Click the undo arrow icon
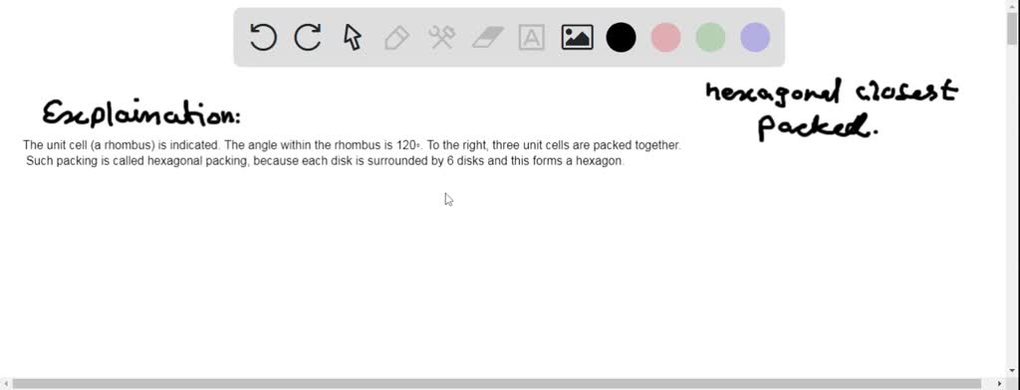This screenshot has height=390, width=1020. point(263,38)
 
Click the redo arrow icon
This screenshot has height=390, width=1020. point(308,38)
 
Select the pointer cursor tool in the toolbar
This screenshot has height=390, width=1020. point(352,38)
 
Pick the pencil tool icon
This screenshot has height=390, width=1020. point(396,38)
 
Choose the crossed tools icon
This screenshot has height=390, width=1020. point(441,38)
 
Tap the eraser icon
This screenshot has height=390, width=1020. point(487,38)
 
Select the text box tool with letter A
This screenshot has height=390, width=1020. point(532,38)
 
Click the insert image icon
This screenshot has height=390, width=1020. point(577,38)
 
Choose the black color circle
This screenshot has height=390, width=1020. point(622,38)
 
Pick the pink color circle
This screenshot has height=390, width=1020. point(665,38)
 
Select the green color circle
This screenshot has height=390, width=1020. point(710,38)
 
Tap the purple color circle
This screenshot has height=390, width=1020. point(755,38)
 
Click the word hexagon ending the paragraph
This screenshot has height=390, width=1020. point(600,161)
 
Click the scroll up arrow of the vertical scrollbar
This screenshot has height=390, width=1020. point(1012,7)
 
